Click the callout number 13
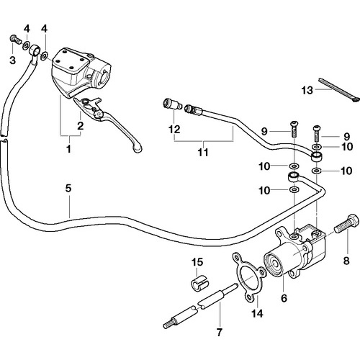tap(307, 90)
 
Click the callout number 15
tap(197, 262)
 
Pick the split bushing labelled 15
tap(199, 283)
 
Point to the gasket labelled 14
tap(249, 276)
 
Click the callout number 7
tap(220, 333)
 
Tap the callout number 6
tap(284, 298)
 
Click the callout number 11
tap(203, 152)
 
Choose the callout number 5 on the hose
tap(68, 189)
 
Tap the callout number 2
tap(81, 126)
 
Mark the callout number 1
tap(68, 149)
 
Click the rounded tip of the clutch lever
tap(138, 149)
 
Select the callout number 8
tap(346, 261)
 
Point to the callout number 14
tap(257, 313)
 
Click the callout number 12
tap(174, 130)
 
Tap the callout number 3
tap(12, 60)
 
